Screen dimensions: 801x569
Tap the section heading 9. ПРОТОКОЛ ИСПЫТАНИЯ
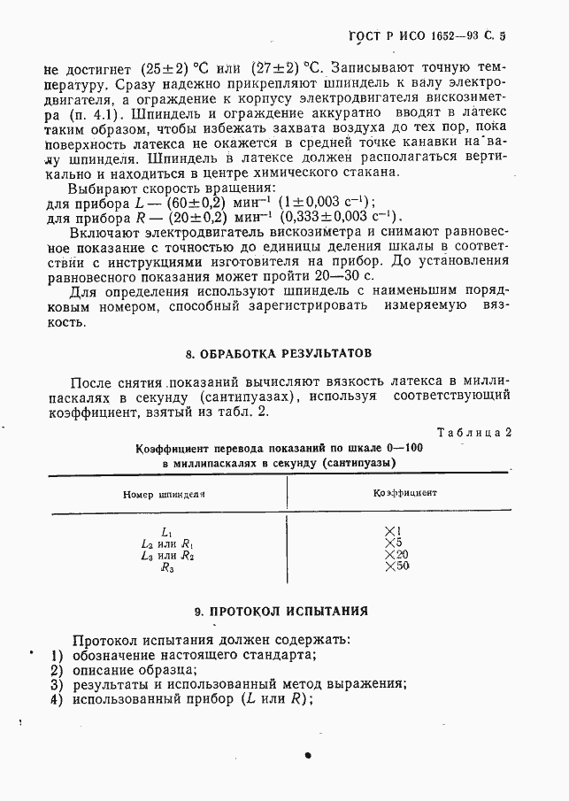pyautogui.click(x=280, y=611)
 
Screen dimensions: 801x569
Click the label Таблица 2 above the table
pyautogui.click(x=473, y=432)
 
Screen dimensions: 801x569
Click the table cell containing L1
pyautogui.click(x=166, y=532)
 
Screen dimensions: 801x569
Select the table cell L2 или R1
pyautogui.click(x=166, y=543)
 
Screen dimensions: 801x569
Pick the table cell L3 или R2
pyautogui.click(x=166, y=556)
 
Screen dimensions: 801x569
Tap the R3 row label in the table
pyautogui.click(x=166, y=568)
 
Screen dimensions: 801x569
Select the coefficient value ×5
pyautogui.click(x=395, y=543)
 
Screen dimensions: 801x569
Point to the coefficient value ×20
pyautogui.click(x=397, y=555)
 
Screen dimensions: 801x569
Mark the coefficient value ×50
pyautogui.click(x=397, y=566)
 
